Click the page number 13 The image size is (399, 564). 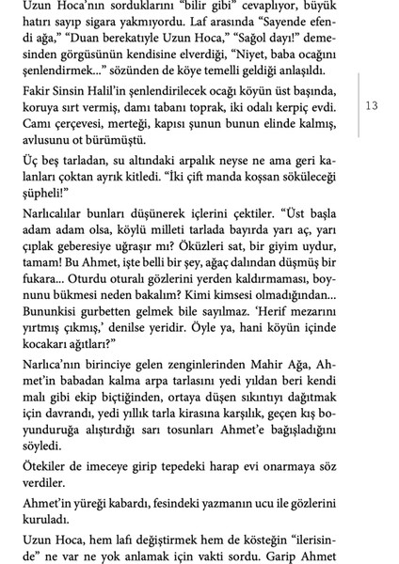tap(372, 105)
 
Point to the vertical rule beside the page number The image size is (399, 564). tap(356, 105)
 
